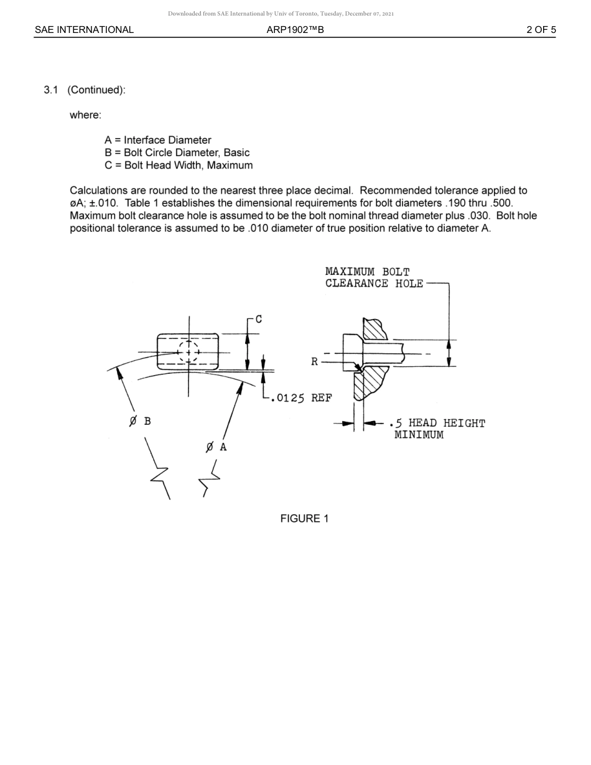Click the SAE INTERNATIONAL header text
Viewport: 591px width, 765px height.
click(84, 29)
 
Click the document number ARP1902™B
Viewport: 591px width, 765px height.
click(295, 29)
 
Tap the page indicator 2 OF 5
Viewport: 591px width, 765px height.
click(541, 29)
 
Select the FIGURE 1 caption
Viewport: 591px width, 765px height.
click(304, 519)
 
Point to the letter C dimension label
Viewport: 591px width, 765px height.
click(259, 319)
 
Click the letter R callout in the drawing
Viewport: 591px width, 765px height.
click(315, 362)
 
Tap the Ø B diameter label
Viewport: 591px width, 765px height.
click(140, 421)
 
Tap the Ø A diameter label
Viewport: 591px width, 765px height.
click(216, 447)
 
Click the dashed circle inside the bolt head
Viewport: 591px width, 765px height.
click(188, 352)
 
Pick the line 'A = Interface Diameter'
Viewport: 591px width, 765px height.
click(158, 140)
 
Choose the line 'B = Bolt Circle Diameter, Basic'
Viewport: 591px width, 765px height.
click(177, 152)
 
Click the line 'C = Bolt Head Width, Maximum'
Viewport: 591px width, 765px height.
click(179, 165)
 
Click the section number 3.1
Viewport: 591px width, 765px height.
click(51, 90)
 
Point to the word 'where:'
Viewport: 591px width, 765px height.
click(85, 115)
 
